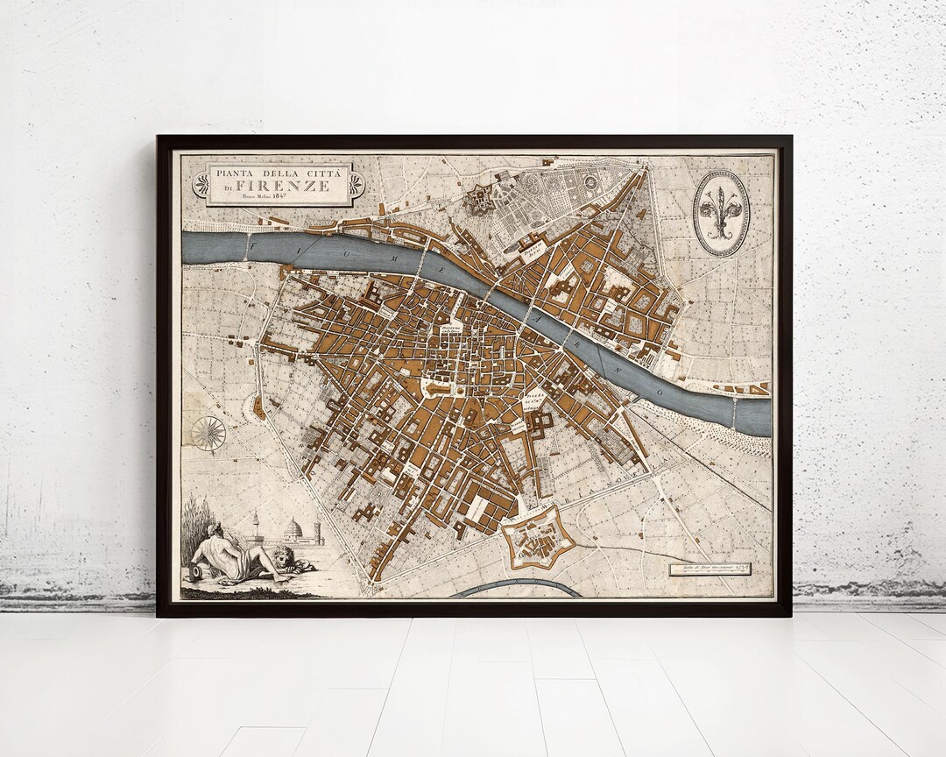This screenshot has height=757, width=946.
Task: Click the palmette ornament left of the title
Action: tap(201, 183)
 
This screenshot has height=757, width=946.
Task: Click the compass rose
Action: tap(208, 433)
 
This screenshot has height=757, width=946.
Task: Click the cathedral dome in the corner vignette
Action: tap(293, 528)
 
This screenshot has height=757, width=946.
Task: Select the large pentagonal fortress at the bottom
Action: tap(536, 536)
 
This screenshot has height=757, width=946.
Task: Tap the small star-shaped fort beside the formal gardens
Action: tap(480, 201)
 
